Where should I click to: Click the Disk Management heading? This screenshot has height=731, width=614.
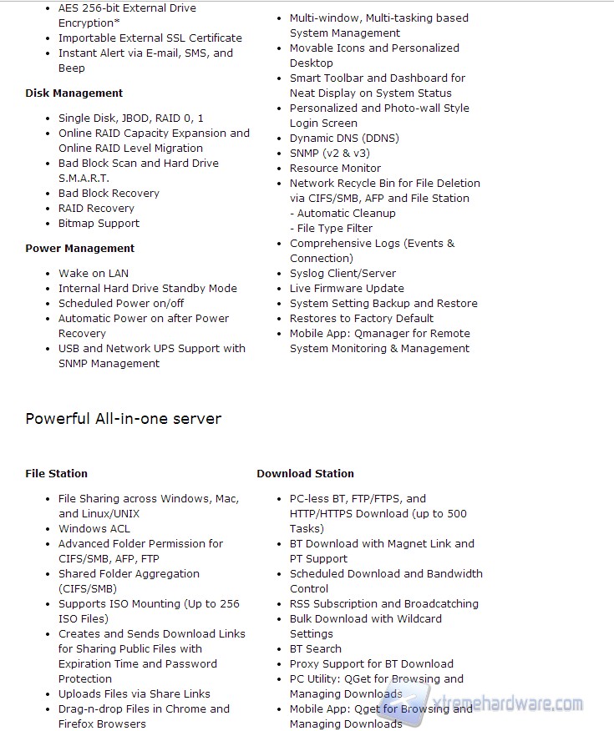point(74,93)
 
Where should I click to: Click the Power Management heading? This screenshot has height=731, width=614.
point(79,249)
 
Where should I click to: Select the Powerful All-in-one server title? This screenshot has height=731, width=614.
point(124,419)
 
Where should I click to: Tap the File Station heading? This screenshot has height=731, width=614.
point(56,474)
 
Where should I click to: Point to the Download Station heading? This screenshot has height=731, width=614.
point(305,474)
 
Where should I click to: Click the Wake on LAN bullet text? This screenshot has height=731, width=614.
point(94,274)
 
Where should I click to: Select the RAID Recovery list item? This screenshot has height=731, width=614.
point(96,209)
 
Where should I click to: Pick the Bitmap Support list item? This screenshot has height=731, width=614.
point(99,224)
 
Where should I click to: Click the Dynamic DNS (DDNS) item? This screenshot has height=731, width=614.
point(344,139)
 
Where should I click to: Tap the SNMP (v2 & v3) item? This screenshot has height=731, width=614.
point(329,154)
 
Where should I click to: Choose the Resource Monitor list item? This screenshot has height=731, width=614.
point(335,169)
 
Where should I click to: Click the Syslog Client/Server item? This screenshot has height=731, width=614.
point(343,274)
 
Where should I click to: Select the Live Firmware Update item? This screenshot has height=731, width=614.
point(347,289)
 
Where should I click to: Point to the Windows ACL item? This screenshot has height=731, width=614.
point(94,529)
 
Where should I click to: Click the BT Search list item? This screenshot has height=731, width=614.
point(315,649)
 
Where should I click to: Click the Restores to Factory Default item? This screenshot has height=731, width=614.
point(362,319)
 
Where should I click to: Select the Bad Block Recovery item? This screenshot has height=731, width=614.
point(109,194)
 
